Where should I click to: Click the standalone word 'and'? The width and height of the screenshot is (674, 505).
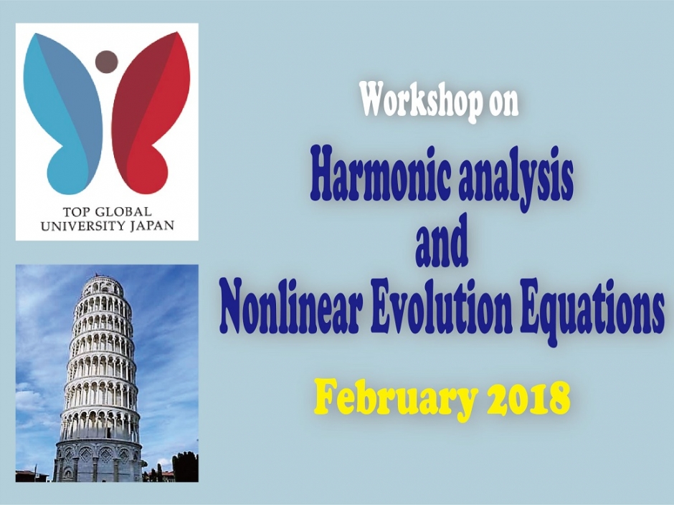pyautogui.click(x=442, y=246)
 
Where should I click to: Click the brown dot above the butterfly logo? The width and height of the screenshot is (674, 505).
pyautogui.click(x=106, y=62)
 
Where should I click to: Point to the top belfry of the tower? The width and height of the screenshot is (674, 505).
pyautogui.click(x=100, y=287)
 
